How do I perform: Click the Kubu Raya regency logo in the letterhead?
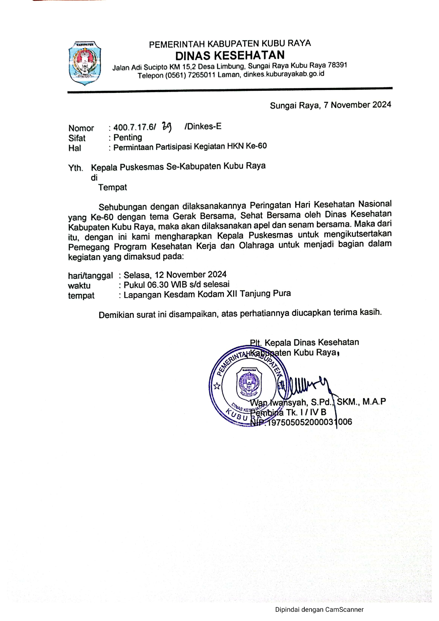[x=84, y=63]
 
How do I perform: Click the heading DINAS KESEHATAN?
[x=230, y=55]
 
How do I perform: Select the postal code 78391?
[x=337, y=65]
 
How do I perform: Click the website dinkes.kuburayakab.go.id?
[x=284, y=74]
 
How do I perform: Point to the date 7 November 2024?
[x=357, y=105]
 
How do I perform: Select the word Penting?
[x=128, y=138]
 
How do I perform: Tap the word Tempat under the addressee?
[x=113, y=187]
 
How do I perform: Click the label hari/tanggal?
[x=90, y=275]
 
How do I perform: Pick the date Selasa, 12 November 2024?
[x=175, y=275]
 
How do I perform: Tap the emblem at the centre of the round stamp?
[x=249, y=384]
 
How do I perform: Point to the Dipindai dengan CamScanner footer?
[x=319, y=610]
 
